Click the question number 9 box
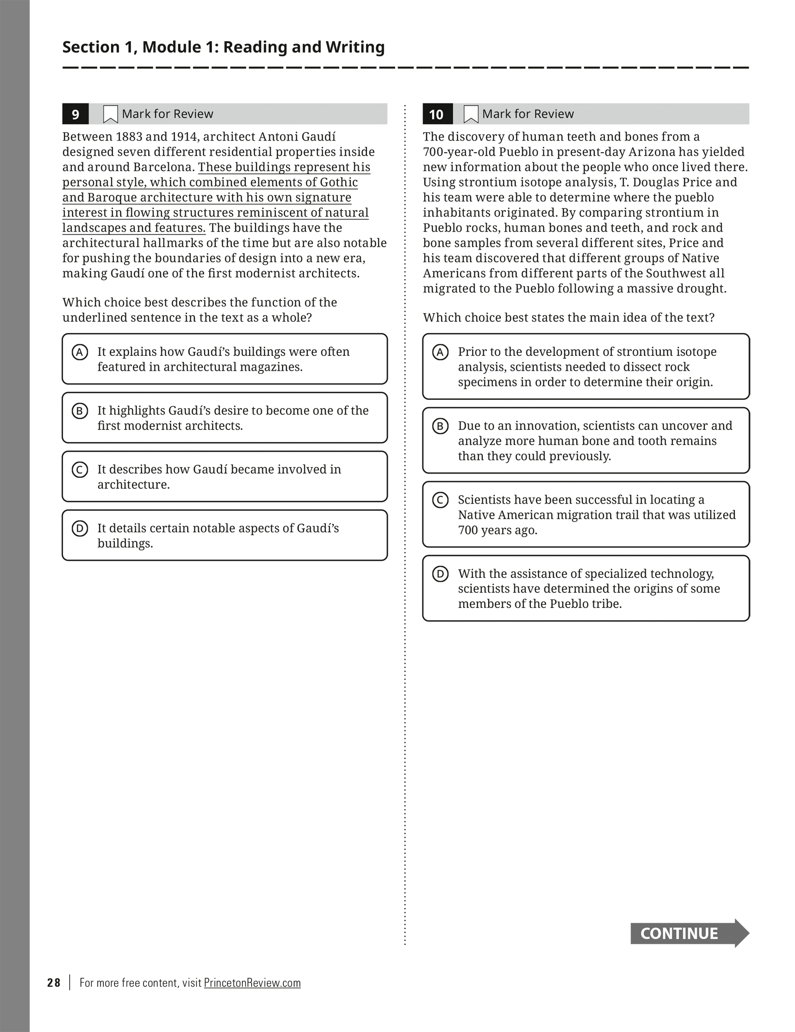click(x=75, y=114)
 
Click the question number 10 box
click(x=437, y=114)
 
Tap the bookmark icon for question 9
click(x=111, y=114)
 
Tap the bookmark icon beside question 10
click(x=471, y=114)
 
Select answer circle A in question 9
click(x=80, y=352)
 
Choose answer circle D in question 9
click(x=80, y=528)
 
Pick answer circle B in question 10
click(x=440, y=426)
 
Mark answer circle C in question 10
click(x=440, y=500)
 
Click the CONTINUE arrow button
click(x=689, y=933)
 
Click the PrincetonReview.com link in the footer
click(x=252, y=983)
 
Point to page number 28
click(x=54, y=983)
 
